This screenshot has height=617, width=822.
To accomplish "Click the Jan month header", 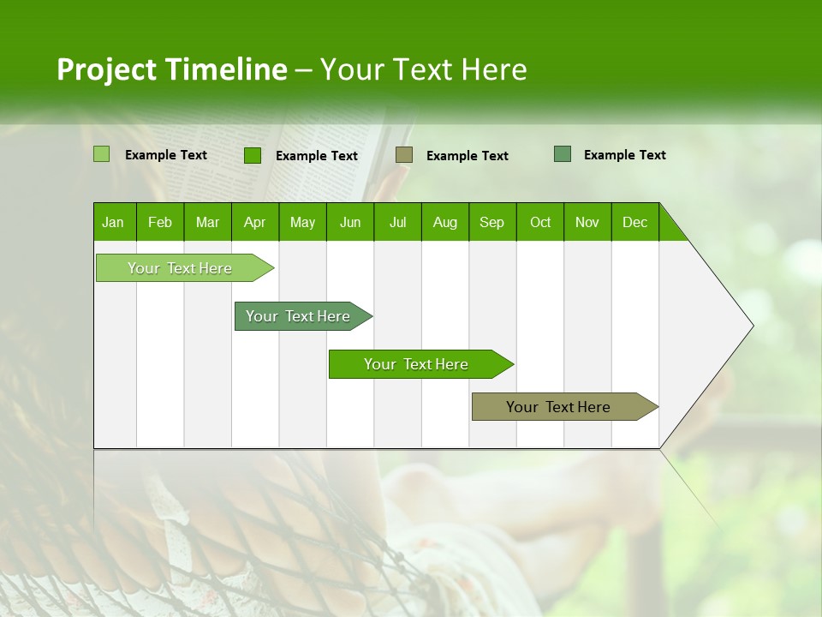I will coord(113,222).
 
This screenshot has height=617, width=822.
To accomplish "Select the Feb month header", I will coord(160,222).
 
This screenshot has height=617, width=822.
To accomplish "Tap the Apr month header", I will coord(254,222).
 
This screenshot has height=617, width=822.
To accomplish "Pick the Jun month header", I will coord(350,222).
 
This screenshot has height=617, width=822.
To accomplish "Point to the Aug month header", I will coord(444,222).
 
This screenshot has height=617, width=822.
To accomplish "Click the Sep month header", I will coord(491,222).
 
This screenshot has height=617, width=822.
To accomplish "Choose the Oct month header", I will coord(540,222).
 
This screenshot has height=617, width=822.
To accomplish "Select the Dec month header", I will coord(634,222).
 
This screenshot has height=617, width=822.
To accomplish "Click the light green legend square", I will coord(101,154).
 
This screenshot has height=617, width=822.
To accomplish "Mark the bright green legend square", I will coord(253,155).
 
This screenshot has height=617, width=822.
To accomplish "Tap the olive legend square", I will coord(404,154).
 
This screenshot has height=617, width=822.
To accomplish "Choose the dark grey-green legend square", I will coord(563,153).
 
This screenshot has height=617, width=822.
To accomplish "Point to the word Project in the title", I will coord(106,69).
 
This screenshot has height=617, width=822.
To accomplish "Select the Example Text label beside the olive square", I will coord(467,155).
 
